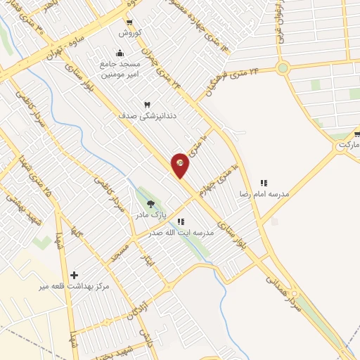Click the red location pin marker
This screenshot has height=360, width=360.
180,165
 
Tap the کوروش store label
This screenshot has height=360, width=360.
130,33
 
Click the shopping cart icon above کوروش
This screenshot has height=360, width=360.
130,22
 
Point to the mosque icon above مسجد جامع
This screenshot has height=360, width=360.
119,52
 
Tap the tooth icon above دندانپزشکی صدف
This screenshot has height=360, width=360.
148,105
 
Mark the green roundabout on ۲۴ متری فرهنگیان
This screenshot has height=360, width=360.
283,68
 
